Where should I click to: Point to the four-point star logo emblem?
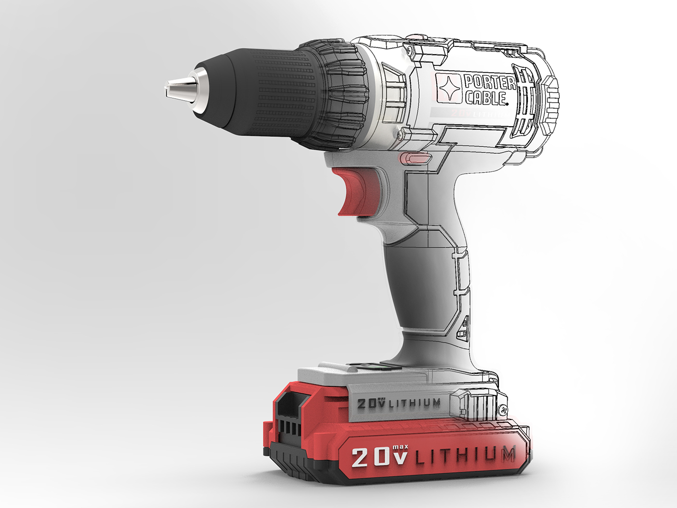coord(449,88)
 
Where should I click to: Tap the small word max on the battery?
coord(400,447)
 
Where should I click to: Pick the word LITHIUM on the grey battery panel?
coord(415,403)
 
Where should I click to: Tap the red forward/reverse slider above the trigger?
coord(414,158)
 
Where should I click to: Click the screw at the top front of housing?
coord(410,49)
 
